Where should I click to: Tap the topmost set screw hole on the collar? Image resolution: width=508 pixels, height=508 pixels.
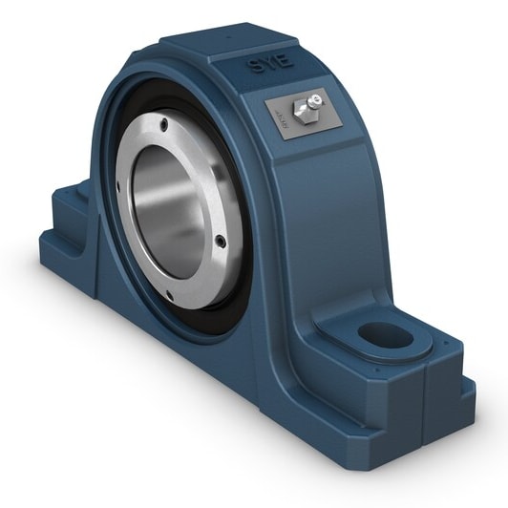164,123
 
